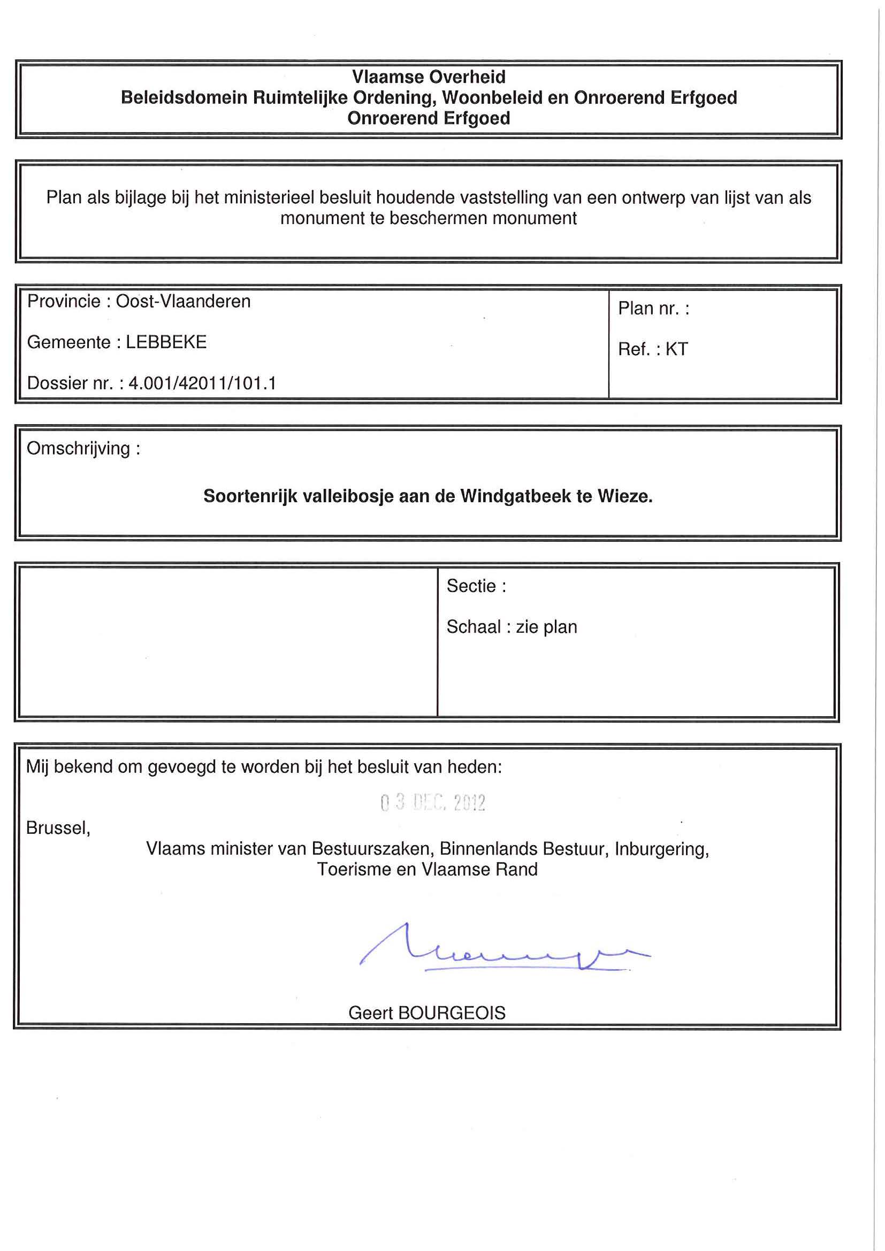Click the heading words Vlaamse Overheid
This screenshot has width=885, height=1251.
tap(429, 77)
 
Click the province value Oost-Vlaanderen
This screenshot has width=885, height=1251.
tap(183, 301)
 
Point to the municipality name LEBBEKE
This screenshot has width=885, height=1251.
tap(166, 342)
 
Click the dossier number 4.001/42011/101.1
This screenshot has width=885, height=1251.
tap(202, 383)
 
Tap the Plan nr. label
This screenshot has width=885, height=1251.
tap(653, 309)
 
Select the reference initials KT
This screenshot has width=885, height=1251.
tap(677, 349)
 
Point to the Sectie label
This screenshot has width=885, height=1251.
tap(476, 586)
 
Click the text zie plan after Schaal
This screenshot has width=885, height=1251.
tap(546, 627)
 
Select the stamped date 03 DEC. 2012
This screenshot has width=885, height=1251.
tap(433, 803)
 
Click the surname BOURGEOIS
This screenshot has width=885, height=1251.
tap(452, 1013)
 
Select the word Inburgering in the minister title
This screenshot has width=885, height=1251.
tap(661, 849)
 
